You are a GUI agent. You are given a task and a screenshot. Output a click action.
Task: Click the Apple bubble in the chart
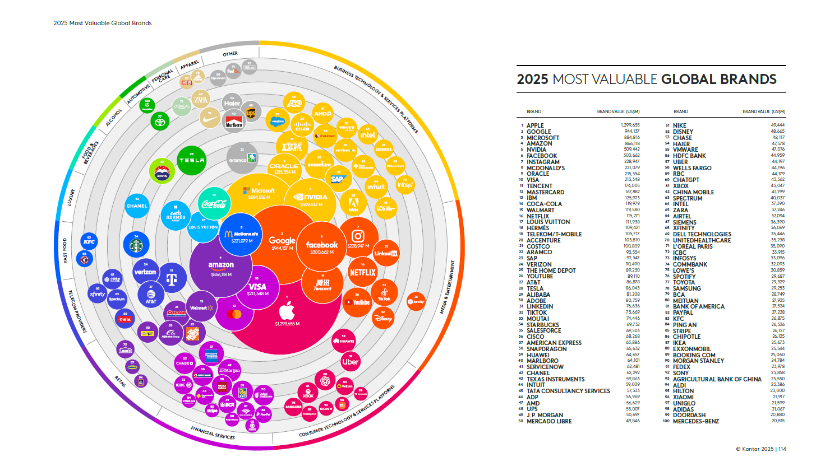click(x=287, y=311)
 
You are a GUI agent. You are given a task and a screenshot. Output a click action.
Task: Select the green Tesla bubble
click(x=191, y=160)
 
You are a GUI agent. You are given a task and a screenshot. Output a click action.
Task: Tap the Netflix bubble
click(x=363, y=272)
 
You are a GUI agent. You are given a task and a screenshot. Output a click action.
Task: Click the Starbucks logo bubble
click(x=136, y=245)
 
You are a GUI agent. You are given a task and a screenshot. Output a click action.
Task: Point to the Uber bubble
click(x=351, y=361)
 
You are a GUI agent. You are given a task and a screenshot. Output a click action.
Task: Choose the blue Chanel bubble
click(x=137, y=206)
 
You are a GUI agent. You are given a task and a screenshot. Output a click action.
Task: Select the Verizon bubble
click(x=145, y=272)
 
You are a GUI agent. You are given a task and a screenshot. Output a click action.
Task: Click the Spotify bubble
click(x=416, y=301)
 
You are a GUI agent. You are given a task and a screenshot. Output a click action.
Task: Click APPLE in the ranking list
click(x=535, y=125)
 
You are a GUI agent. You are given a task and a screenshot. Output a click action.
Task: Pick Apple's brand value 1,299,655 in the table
click(x=630, y=125)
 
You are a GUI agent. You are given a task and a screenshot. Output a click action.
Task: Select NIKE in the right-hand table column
click(x=679, y=125)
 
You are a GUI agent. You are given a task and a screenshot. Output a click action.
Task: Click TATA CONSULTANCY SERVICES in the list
click(x=568, y=391)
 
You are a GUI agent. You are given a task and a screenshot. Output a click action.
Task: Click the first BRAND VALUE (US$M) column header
click(x=618, y=111)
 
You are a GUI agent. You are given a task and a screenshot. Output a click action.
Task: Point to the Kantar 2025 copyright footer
click(x=760, y=449)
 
